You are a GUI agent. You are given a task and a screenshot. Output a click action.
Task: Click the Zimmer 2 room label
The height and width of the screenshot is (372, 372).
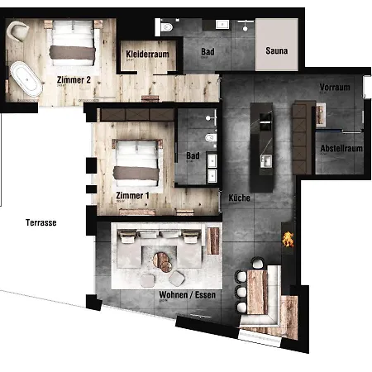click(x=74, y=80)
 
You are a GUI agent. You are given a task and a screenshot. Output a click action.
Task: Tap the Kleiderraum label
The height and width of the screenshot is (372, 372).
click(x=147, y=55)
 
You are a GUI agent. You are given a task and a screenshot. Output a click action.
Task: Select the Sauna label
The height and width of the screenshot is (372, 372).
click(x=277, y=51)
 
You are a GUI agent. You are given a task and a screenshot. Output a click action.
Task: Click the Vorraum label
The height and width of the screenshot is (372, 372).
click(x=336, y=87)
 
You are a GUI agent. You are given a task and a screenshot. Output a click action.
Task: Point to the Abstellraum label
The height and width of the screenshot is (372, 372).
click(x=341, y=149)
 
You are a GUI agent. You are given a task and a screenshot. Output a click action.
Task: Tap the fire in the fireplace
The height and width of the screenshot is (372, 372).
click(x=288, y=241)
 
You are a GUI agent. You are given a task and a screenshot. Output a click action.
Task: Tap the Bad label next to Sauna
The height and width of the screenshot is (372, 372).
click(x=208, y=51)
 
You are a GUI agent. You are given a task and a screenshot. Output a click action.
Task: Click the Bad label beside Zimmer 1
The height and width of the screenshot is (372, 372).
click(x=193, y=155)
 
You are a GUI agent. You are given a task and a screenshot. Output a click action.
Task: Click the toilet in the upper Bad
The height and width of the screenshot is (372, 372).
click(x=168, y=29)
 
